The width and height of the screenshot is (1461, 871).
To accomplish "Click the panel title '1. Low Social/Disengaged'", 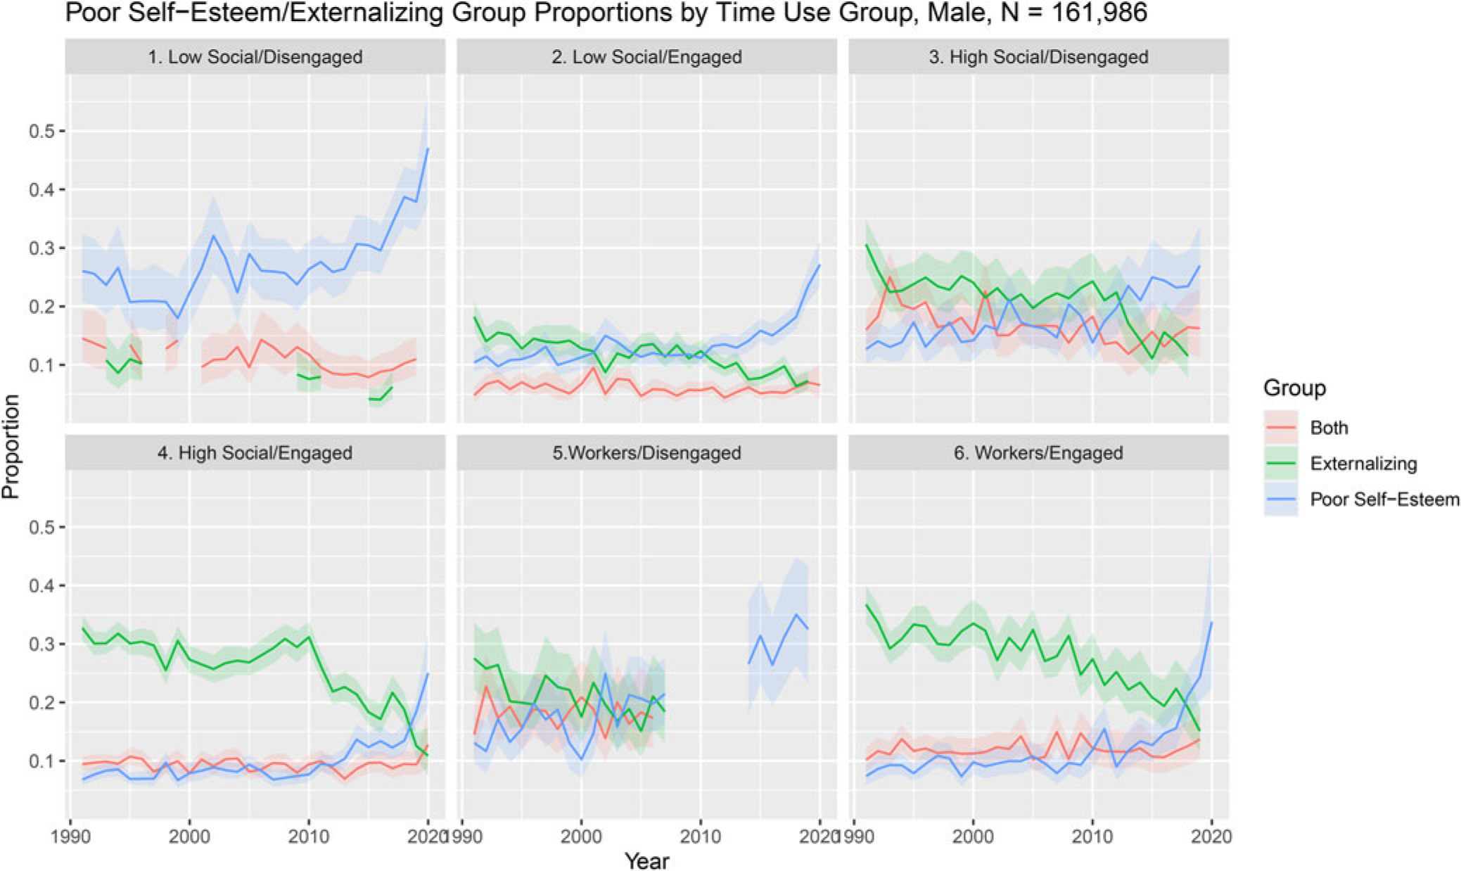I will [x=255, y=57].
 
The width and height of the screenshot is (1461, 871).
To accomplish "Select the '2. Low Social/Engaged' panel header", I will [x=646, y=57].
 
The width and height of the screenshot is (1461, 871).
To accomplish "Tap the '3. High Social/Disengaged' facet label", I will [x=1038, y=57].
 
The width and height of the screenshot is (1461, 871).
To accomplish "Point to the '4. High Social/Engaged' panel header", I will [x=255, y=452].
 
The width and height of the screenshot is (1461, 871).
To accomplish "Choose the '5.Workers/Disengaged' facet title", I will [x=646, y=452].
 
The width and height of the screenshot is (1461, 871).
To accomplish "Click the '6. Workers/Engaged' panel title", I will [x=1038, y=452].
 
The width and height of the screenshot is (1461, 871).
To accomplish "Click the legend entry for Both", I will [x=1329, y=428].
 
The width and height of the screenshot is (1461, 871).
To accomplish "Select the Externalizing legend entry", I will [x=1363, y=464].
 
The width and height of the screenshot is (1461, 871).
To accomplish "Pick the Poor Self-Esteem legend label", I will [x=1384, y=500].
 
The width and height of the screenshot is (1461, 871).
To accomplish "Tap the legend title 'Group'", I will [x=1294, y=388].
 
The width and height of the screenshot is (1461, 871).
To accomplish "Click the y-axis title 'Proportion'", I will [x=11, y=447].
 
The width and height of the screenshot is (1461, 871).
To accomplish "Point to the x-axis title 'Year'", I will [x=646, y=860].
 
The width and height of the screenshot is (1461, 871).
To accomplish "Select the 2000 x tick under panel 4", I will [x=189, y=837].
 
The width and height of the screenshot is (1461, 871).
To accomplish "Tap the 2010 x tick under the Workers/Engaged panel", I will [x=1092, y=837].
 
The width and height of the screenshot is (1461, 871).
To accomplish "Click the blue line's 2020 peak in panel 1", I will [x=428, y=148].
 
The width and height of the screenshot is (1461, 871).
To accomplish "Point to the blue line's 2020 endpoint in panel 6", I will [x=1211, y=622].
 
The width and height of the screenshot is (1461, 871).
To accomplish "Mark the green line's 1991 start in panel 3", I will [x=867, y=244].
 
